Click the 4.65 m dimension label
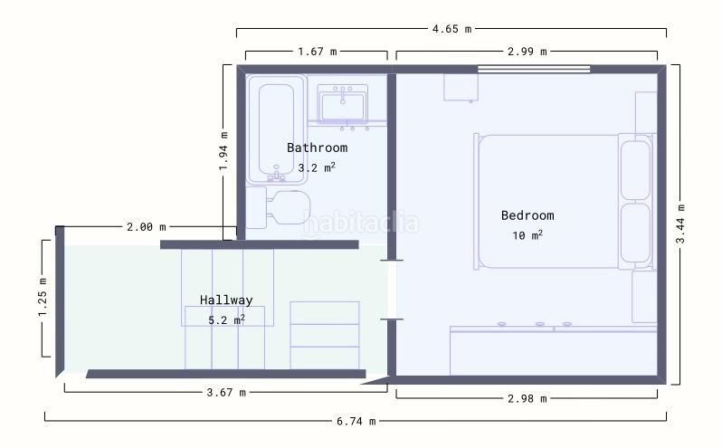(x=451, y=29)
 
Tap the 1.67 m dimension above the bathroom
(x=318, y=52)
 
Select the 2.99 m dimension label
(x=527, y=52)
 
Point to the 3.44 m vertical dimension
(x=680, y=224)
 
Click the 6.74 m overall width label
(x=356, y=421)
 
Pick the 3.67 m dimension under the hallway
(x=226, y=393)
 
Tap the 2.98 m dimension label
(x=527, y=399)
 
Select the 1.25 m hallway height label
(x=43, y=298)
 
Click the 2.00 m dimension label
(x=146, y=227)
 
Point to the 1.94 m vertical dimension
(x=223, y=151)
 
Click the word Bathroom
(x=318, y=148)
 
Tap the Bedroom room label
(x=527, y=215)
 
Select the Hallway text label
(x=226, y=300)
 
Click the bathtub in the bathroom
(x=276, y=129)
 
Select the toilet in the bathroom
(x=279, y=207)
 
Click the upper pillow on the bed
(x=635, y=170)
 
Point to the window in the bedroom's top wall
(x=534, y=69)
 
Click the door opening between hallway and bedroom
(x=392, y=290)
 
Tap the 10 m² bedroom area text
(x=527, y=235)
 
